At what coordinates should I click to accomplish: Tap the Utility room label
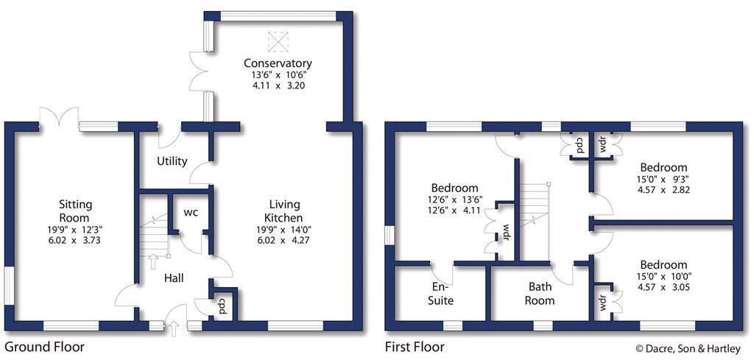[x=172, y=161]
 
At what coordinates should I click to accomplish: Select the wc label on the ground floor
[x=190, y=213]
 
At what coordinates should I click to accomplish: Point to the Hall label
[x=172, y=278]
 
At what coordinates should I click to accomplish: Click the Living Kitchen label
[x=283, y=211]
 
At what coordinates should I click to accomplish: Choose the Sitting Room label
[x=75, y=211]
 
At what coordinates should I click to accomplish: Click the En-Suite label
[x=443, y=294]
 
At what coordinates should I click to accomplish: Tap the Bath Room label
[x=541, y=294]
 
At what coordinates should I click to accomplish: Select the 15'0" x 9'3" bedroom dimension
[x=663, y=178]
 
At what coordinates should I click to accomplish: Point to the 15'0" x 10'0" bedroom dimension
[x=663, y=276]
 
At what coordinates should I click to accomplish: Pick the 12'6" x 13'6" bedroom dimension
[x=454, y=199]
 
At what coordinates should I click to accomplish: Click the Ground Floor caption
[x=44, y=346]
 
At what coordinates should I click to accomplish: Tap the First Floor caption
[x=415, y=346]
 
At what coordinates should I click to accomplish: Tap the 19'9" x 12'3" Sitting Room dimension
[x=75, y=230]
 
